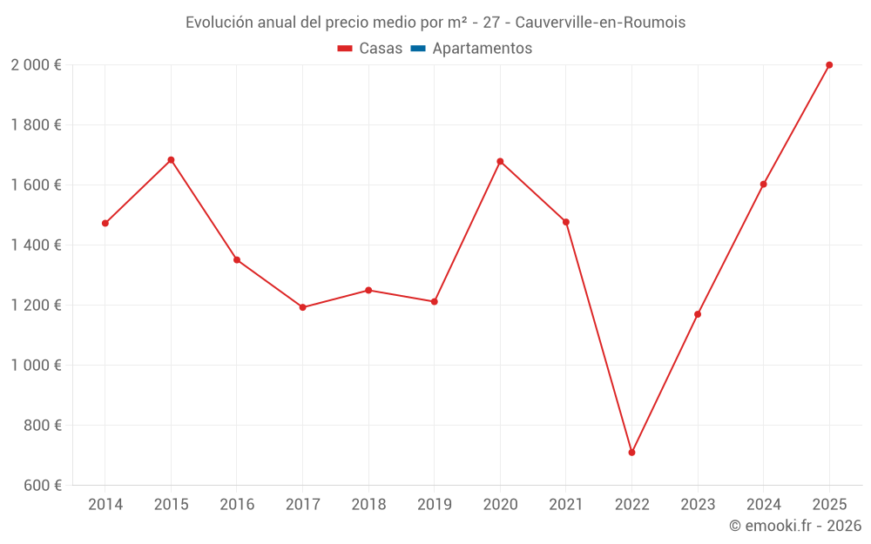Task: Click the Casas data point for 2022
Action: pos(631,453)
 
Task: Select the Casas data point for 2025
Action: pos(829,65)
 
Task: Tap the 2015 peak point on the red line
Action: pos(171,160)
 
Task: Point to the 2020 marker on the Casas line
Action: pos(500,161)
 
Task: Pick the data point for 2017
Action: pos(302,307)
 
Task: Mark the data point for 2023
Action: pos(698,314)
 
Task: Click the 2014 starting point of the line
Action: pos(105,224)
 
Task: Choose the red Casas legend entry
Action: pos(371,49)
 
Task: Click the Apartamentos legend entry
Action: pos(482,49)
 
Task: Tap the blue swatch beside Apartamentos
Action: pos(417,49)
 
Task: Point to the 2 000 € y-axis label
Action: pos(36,65)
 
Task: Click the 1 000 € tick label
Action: pos(36,366)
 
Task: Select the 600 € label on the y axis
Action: pos(41,486)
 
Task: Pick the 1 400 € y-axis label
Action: pos(36,245)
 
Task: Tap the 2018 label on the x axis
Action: pos(368,505)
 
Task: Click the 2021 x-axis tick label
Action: pos(566,505)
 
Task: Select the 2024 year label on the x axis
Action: pos(763,505)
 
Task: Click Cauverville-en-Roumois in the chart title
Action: pos(600,23)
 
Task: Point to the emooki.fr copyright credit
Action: pos(795,526)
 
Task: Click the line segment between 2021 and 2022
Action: pos(599,338)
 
